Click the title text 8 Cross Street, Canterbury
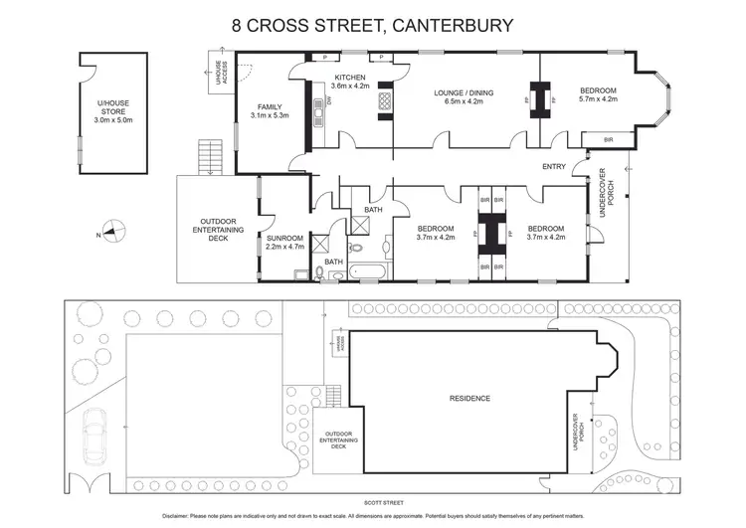[x=373, y=24]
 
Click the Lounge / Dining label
[x=458, y=95]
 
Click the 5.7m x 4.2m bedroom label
[x=599, y=95]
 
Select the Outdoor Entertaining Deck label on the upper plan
[x=216, y=228]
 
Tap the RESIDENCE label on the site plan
[x=470, y=399]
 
